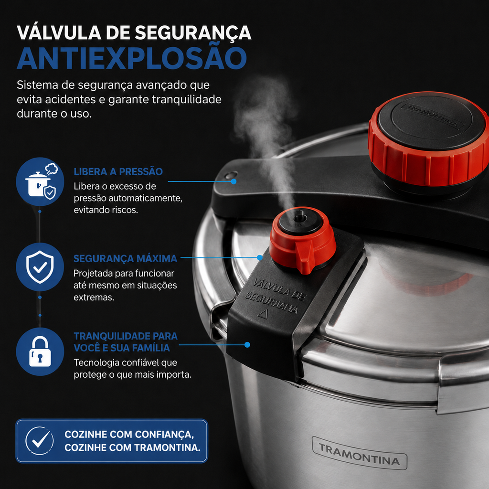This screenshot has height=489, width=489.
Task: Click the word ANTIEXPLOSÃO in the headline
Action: click(132, 58)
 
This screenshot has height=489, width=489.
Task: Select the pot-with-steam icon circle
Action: click(40, 181)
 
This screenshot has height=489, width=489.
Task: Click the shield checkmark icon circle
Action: click(40, 267)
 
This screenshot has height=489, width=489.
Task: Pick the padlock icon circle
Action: click(40, 351)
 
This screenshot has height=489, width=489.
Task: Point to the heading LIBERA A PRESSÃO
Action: click(118, 171)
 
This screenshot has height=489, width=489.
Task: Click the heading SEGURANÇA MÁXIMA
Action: click(126, 258)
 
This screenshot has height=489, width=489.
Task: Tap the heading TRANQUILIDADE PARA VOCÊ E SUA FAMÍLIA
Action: click(126, 342)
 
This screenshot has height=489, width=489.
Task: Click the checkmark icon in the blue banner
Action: click(39, 441)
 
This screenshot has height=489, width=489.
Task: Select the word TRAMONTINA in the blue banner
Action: click(167, 447)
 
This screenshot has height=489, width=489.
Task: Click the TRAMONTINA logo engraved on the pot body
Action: click(360, 453)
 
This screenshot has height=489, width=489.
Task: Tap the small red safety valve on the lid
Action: click(302, 240)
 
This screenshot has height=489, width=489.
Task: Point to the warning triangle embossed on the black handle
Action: click(263, 314)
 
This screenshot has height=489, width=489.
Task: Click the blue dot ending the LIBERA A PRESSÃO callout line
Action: click(234, 181)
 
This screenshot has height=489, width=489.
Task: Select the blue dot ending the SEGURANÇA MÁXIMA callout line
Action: click(260, 257)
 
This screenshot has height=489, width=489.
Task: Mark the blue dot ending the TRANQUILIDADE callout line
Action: click(247, 345)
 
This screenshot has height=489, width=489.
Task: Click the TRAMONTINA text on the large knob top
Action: click(431, 117)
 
